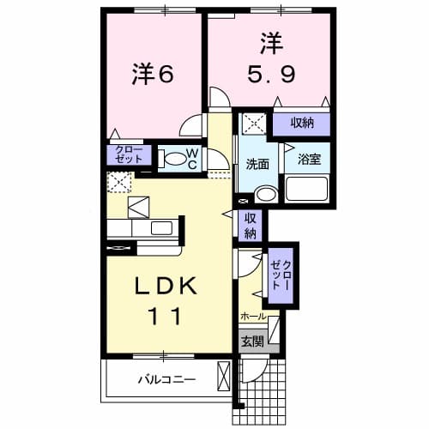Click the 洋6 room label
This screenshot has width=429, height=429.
pyautogui.click(x=153, y=76)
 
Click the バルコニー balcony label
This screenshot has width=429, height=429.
pyautogui.click(x=166, y=378)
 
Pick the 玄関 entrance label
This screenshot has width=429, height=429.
pyautogui.click(x=252, y=341)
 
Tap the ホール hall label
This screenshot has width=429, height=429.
pyautogui.click(x=253, y=316)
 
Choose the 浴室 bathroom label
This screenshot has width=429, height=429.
pyautogui.click(x=309, y=159)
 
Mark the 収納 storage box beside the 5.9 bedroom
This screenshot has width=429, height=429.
pyautogui.click(x=300, y=123)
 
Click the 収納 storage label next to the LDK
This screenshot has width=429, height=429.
pyautogui.click(x=251, y=225)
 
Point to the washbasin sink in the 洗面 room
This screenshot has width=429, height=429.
pyautogui.click(x=265, y=194)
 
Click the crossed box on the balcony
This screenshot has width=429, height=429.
pyautogui.click(x=225, y=376)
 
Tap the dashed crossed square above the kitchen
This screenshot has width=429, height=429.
pyautogui.click(x=118, y=183)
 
